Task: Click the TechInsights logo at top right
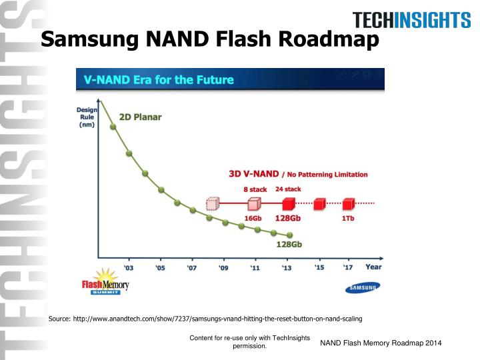[x=411, y=21]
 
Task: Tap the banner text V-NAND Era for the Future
[x=158, y=80]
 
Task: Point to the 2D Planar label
[x=140, y=117]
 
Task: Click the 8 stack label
[x=255, y=189]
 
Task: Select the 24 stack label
[x=288, y=189]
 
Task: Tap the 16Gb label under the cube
[x=253, y=218]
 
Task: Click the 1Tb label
[x=348, y=218]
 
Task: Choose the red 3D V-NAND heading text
[x=253, y=174]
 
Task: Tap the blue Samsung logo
[x=363, y=287]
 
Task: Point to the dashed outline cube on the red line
[x=213, y=203]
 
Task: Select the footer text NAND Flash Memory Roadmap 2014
[x=381, y=343]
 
